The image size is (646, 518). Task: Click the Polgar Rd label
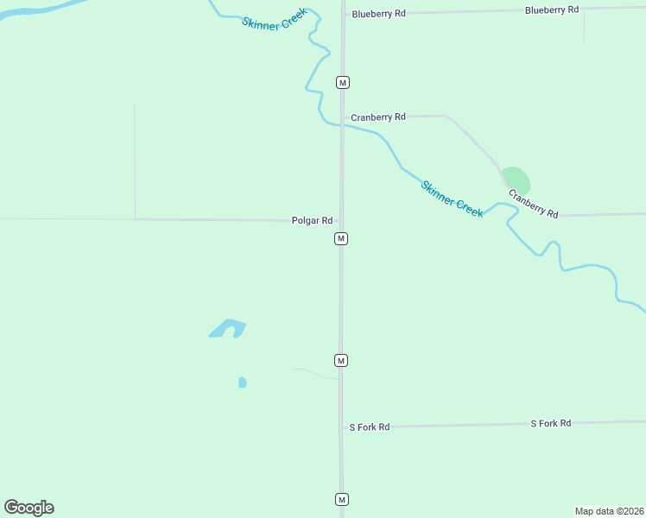(312, 221)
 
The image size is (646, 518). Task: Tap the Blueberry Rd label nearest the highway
(378, 15)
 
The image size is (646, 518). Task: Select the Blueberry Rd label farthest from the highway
(551, 9)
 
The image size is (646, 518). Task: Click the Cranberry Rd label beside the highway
(378, 117)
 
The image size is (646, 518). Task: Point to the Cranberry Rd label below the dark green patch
(533, 204)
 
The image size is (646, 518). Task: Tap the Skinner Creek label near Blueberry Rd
(273, 23)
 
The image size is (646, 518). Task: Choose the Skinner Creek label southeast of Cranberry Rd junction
(452, 199)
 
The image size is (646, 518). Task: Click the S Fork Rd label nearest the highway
(370, 427)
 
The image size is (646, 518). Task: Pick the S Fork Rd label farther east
(550, 423)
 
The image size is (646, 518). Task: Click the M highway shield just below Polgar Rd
(341, 238)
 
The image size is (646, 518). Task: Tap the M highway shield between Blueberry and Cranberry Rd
(343, 82)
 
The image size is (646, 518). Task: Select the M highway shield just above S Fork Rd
(341, 360)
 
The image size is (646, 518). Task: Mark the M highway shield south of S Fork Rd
(341, 499)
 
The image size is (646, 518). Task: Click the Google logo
(29, 508)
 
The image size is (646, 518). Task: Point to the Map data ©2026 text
(609, 510)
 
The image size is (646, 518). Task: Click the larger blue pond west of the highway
(228, 328)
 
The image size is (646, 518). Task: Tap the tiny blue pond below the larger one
(242, 382)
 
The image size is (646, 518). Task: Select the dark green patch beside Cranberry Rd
(516, 180)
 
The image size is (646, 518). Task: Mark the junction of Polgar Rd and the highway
(341, 220)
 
